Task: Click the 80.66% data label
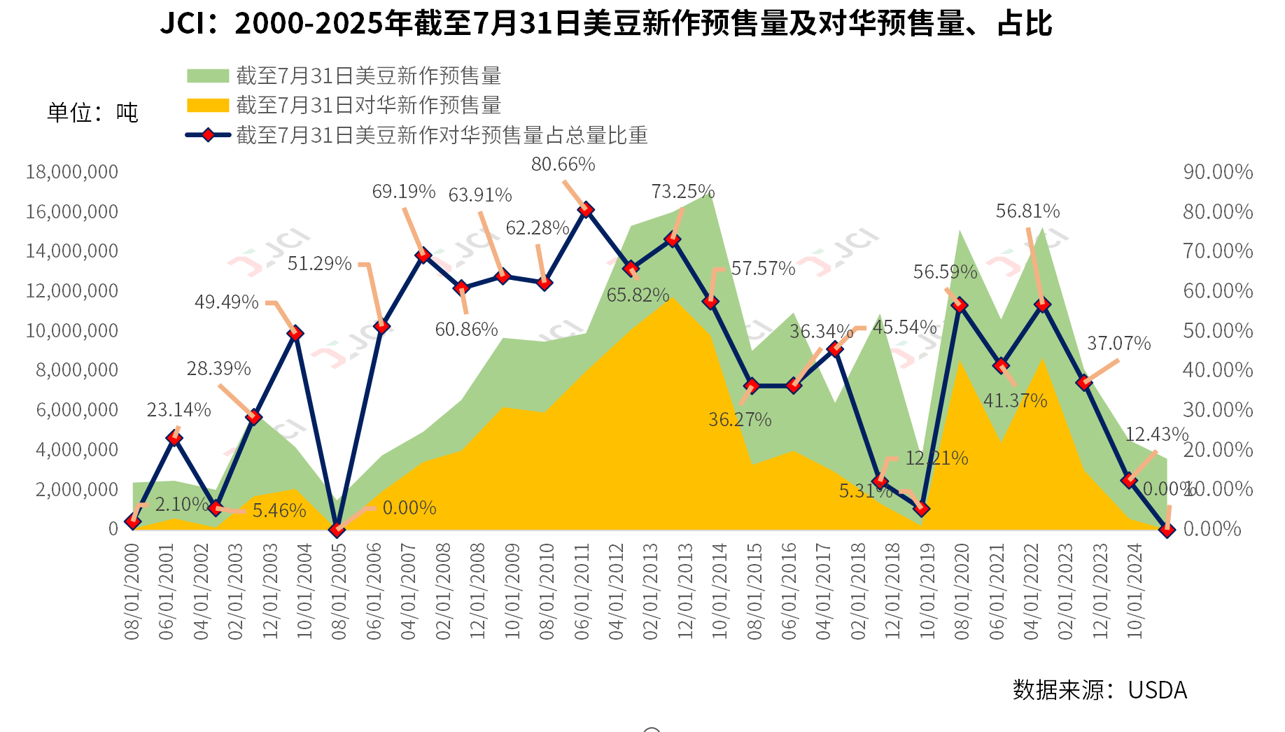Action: point(563,164)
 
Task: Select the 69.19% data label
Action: point(403,192)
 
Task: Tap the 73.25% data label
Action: point(682,192)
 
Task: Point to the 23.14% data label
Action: point(178,410)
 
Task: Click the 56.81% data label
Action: point(1027,211)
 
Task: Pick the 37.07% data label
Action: point(1118,344)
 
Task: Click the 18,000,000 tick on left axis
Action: point(72,172)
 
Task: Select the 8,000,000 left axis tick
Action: point(77,370)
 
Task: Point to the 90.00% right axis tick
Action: point(1217,172)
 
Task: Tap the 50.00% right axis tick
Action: point(1217,330)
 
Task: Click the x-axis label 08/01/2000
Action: point(132,591)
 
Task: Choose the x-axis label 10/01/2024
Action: point(1135,591)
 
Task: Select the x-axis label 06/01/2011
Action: point(582,591)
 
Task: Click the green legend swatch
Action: point(208,76)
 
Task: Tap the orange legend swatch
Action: point(208,106)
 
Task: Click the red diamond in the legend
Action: point(208,135)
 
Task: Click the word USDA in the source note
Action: point(1157,690)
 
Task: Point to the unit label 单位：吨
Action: point(92,113)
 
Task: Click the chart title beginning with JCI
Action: point(606,24)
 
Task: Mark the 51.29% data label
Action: point(319,264)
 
